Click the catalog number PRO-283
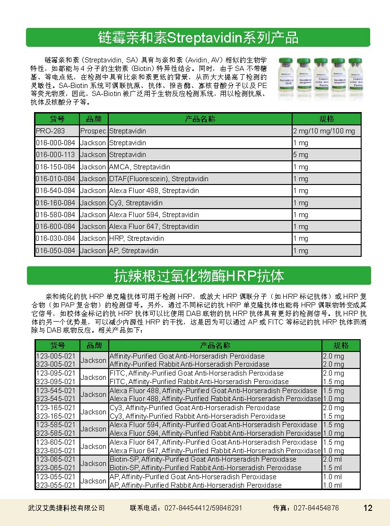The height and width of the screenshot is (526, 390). coord(50,131)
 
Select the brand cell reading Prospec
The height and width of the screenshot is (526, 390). coord(93,131)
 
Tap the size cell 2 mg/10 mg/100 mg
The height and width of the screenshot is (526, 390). coord(324,131)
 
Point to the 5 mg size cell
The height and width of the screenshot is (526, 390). coord(301,155)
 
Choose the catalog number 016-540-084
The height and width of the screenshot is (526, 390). coord(56,191)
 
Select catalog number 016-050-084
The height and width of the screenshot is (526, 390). coord(56,251)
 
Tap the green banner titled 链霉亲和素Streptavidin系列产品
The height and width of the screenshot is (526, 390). coord(198,37)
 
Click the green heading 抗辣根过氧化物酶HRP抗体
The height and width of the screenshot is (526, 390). coord(199,275)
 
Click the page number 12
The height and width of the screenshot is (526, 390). coord(368,508)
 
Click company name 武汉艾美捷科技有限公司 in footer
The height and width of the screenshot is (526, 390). coord(67,508)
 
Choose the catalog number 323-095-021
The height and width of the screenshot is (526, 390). coord(56,382)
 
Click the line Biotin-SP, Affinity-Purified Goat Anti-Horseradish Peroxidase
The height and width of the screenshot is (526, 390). coord(203,459)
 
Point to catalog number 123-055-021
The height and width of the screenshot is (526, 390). coord(56,477)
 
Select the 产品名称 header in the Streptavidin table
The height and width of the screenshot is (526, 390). coord(200,119)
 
